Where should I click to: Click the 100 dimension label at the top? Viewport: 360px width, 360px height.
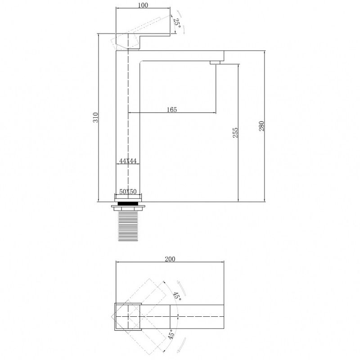pyautogui.click(x=143, y=5)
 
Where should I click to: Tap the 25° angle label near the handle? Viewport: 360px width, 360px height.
pyautogui.click(x=177, y=23)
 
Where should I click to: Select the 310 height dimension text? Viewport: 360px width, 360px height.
pyautogui.click(x=95, y=117)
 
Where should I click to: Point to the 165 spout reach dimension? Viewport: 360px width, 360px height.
pyautogui.click(x=172, y=109)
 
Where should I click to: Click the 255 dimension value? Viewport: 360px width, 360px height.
pyautogui.click(x=235, y=132)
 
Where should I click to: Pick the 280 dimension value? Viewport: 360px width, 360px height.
pyautogui.click(x=262, y=126)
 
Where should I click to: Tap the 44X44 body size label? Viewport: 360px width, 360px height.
pyautogui.click(x=128, y=161)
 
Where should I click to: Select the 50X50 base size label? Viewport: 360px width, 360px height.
pyautogui.click(x=128, y=192)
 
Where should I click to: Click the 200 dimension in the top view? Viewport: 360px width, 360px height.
pyautogui.click(x=170, y=259)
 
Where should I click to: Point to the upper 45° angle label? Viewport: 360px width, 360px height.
pyautogui.click(x=177, y=297)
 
